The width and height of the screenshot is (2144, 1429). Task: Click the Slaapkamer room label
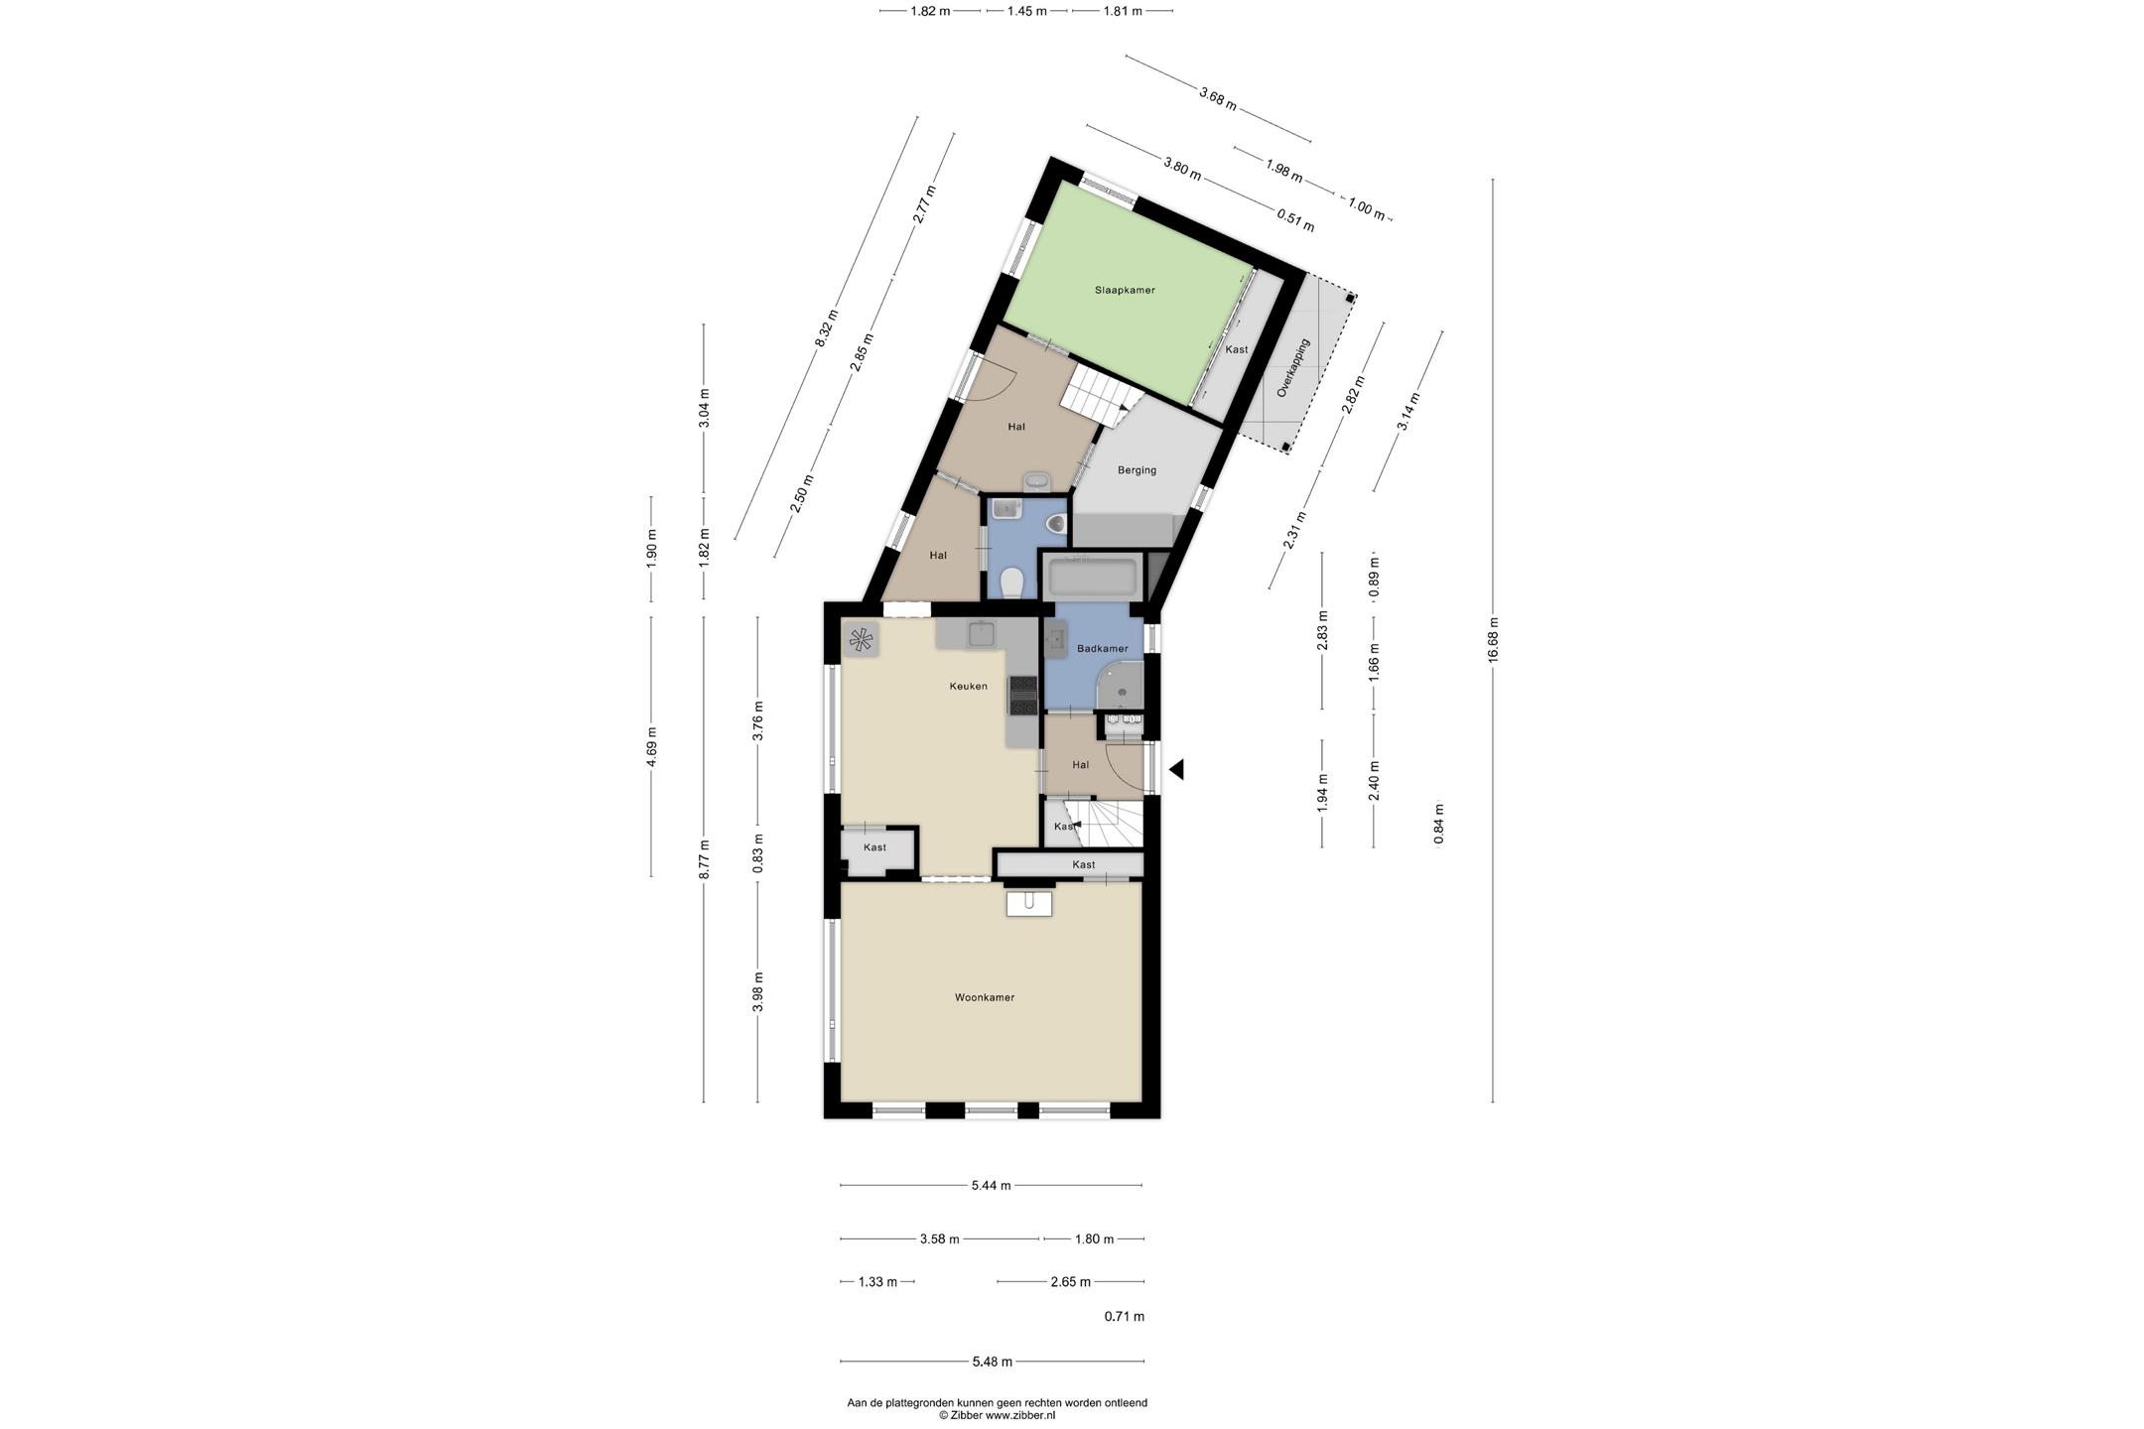1125,290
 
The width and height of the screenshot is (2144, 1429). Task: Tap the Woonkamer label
985,997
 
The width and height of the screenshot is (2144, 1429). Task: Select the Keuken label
968,686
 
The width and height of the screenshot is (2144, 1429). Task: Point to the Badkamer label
1102,649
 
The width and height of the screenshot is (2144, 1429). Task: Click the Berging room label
1137,470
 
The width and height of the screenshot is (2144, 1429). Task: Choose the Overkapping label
1293,368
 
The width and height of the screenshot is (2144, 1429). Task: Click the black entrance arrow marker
1176,769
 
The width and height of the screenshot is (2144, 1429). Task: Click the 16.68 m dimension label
1493,640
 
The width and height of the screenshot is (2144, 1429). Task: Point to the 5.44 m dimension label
991,1185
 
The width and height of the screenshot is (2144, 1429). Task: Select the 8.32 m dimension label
827,328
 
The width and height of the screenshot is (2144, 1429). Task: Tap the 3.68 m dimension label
1218,99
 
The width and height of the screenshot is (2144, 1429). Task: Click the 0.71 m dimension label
1125,1317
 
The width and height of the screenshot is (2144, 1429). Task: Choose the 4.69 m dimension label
651,747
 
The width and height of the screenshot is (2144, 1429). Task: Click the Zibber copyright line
997,1415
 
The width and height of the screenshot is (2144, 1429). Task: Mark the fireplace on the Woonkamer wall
1028,903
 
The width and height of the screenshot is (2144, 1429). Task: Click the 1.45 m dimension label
1026,12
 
